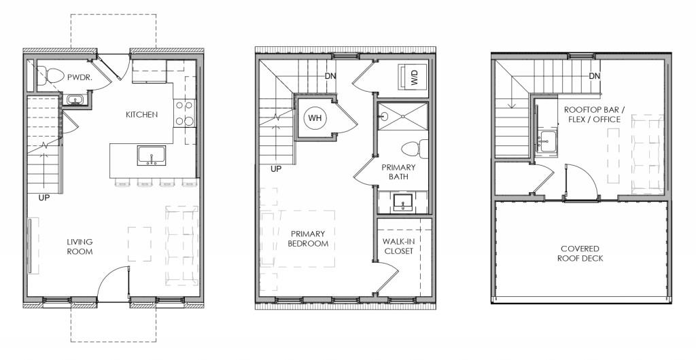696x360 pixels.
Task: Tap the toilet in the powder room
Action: click(x=48, y=75)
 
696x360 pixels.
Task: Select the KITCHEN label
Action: click(x=141, y=115)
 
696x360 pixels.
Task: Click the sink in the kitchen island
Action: click(x=150, y=156)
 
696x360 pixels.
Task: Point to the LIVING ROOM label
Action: click(x=80, y=247)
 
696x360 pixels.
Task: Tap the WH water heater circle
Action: click(x=315, y=118)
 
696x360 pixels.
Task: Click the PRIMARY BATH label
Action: click(x=398, y=172)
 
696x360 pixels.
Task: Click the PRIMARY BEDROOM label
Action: click(x=308, y=238)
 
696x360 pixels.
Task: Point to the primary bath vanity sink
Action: click(x=403, y=202)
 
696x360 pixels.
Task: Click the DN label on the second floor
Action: click(x=331, y=76)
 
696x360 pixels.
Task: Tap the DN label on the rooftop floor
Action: click(x=595, y=76)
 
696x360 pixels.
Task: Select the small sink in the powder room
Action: click(x=74, y=101)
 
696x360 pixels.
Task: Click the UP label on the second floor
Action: click(x=277, y=169)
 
